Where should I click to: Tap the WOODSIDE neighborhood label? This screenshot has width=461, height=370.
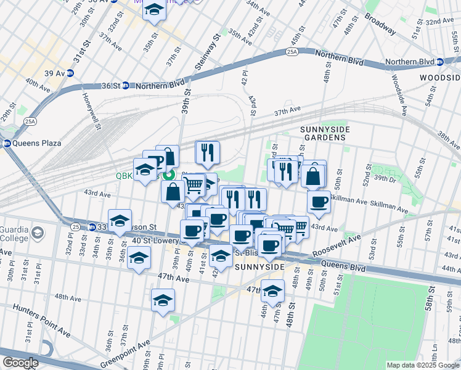pos(439,78)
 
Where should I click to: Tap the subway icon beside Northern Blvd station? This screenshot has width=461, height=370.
pos(440,62)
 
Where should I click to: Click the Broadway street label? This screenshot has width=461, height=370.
pos(380,23)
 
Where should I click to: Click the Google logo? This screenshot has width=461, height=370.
pos(20,363)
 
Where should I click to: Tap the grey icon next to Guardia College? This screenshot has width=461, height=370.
pos(38,232)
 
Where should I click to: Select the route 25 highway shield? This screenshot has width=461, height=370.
pos(74,226)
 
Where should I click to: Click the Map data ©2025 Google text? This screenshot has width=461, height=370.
pos(422,365)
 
